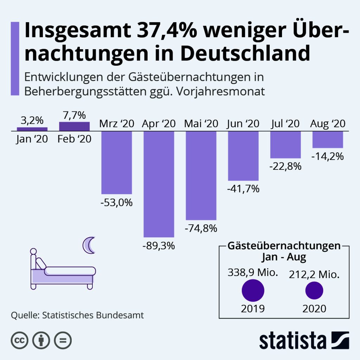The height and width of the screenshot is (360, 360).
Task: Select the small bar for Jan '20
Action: coord(32,129)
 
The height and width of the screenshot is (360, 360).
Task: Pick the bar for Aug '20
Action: coord(328,140)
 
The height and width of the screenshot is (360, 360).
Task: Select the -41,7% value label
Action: coord(243,189)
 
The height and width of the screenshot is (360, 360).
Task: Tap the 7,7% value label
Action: coord(74,115)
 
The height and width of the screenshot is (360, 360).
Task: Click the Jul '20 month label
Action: coord(285,124)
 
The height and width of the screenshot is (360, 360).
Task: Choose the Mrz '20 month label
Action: coord(116,124)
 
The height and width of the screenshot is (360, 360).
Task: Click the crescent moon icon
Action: coord(89,245)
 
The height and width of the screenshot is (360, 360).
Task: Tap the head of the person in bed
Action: coord(33,252)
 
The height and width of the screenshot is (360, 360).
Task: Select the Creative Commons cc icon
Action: coord(20,340)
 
